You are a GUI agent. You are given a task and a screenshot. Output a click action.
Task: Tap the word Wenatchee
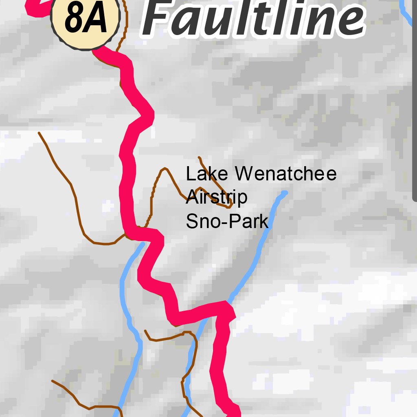click(x=285, y=174)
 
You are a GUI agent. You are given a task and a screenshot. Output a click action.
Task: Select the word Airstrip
click(x=216, y=198)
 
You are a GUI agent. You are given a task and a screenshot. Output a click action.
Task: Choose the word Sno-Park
click(x=227, y=222)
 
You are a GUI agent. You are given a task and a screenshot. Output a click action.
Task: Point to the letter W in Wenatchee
click(x=245, y=174)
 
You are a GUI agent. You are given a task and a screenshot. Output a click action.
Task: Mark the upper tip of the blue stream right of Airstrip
click(x=285, y=193)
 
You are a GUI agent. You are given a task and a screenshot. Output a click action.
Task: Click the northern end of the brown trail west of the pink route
click(x=39, y=133)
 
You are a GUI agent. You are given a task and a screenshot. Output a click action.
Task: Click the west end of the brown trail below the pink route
click(x=145, y=331)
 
